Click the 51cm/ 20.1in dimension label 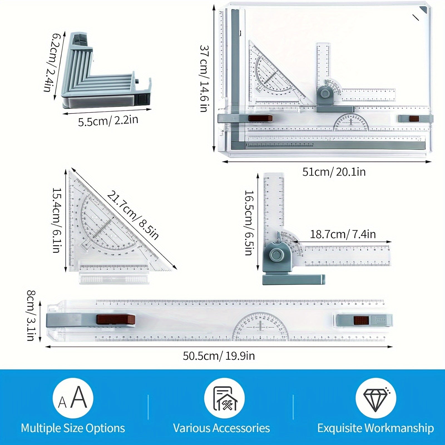coord(334,172)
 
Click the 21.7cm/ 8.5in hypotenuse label coord(133,215)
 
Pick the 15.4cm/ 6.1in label coord(56,220)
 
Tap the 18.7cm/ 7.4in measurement coord(343,234)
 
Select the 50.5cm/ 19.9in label coord(219,356)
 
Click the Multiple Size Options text coord(73,428)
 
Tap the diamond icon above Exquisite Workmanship coord(375,398)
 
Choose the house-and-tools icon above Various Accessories coord(224,398)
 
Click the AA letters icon coord(73,398)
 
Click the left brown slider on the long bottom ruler coord(116,320)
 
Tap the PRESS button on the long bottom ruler coord(380,320)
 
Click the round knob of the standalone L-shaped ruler coord(276,254)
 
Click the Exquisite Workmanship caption coord(375,428)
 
